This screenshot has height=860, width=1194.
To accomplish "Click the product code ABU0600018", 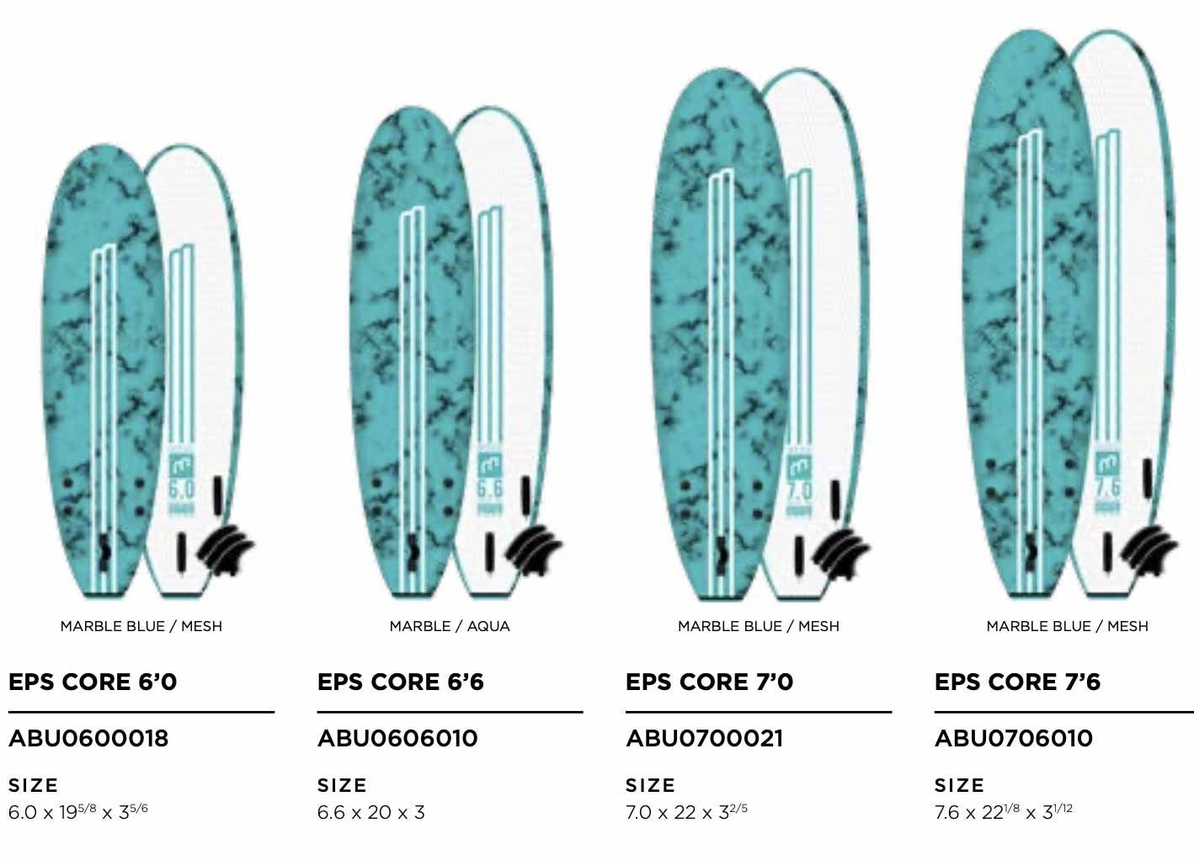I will pos(88,739).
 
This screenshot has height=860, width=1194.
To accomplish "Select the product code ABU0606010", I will pos(397,739).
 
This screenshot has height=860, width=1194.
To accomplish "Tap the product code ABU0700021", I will pos(705,739).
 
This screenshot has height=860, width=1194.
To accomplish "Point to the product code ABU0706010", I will pos(1014,739).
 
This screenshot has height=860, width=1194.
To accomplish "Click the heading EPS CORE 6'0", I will pos(93,682).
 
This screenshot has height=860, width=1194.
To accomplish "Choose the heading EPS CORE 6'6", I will pos(401,682).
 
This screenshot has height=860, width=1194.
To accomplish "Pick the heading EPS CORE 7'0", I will pos(709,682).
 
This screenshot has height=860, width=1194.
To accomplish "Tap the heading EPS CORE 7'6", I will pos(1017,682).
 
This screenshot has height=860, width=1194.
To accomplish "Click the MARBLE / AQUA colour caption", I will pos(450,626).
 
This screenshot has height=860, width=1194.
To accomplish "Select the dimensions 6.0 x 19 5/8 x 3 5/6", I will pos(78,812).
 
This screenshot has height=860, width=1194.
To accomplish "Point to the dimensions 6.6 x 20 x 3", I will pos(370,812).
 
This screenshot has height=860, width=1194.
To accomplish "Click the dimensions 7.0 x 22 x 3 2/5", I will pos(686,812).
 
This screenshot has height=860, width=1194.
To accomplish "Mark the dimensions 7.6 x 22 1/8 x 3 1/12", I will pos(1004,812).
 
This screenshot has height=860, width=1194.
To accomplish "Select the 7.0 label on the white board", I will pos(799,490).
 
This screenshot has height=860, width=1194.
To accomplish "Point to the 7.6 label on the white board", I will pos(1107,487).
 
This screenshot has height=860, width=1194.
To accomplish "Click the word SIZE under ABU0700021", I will pos(650,785).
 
